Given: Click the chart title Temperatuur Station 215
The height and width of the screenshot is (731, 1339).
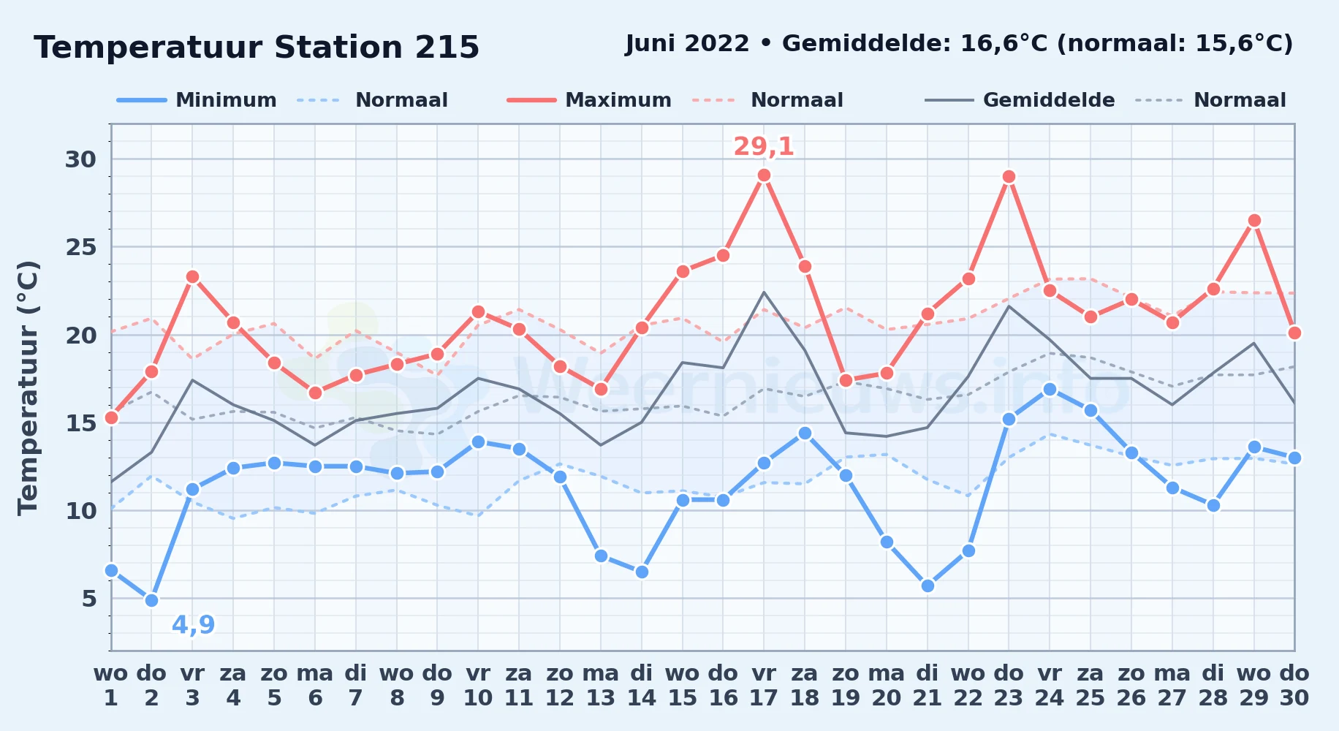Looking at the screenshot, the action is click(x=257, y=48).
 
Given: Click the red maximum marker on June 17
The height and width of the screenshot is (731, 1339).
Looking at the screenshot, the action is click(x=764, y=175).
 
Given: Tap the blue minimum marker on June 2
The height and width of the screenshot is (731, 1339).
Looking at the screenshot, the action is click(x=151, y=600).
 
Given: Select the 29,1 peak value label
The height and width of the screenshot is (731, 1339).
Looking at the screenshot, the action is click(x=764, y=147).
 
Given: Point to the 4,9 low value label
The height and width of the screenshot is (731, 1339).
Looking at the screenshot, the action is click(x=193, y=625).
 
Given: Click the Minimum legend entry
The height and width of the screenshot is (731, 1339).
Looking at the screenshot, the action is click(x=197, y=100).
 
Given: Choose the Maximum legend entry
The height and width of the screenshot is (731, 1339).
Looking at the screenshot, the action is click(x=589, y=100).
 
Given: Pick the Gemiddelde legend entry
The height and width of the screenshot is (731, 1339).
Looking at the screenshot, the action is click(x=1020, y=100).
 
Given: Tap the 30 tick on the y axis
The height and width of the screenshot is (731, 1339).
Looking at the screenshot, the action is click(x=80, y=159).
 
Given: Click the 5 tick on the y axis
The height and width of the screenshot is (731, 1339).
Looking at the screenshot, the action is click(x=89, y=599).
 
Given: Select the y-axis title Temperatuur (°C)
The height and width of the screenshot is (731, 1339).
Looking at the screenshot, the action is click(x=28, y=387).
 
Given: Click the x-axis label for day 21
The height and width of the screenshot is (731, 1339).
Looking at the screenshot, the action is click(x=927, y=686).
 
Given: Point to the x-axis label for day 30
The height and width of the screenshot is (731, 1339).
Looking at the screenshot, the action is click(x=1294, y=686).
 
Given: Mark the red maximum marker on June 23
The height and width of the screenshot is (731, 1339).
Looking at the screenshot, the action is click(x=1009, y=177).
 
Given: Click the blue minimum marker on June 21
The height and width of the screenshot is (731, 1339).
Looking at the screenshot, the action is click(x=928, y=586).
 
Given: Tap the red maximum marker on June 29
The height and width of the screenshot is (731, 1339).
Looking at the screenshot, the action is click(x=1254, y=221).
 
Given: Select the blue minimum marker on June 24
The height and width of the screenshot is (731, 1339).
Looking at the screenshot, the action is click(x=1050, y=390).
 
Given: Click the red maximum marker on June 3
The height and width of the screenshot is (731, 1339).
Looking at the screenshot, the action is click(x=192, y=277).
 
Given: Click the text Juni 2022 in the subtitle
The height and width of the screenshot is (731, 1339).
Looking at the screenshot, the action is click(x=687, y=44).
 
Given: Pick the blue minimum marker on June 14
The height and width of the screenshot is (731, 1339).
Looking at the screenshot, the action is click(x=642, y=572).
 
